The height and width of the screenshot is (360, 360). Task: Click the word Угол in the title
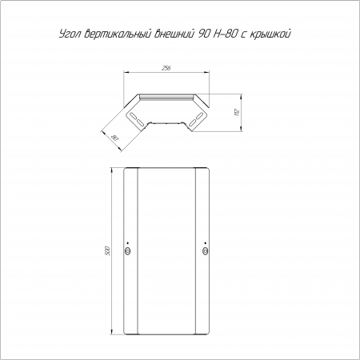(x=70, y=34)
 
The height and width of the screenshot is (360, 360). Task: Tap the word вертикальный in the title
(x=118, y=34)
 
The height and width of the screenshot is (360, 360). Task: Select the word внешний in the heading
(x=174, y=34)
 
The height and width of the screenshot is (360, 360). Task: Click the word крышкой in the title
(x=270, y=34)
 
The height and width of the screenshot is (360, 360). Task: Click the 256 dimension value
(x=166, y=68)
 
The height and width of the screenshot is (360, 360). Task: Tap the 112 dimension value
(x=237, y=113)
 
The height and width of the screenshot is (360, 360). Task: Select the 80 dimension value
(x=114, y=138)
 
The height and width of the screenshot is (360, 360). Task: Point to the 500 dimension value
(x=107, y=251)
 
